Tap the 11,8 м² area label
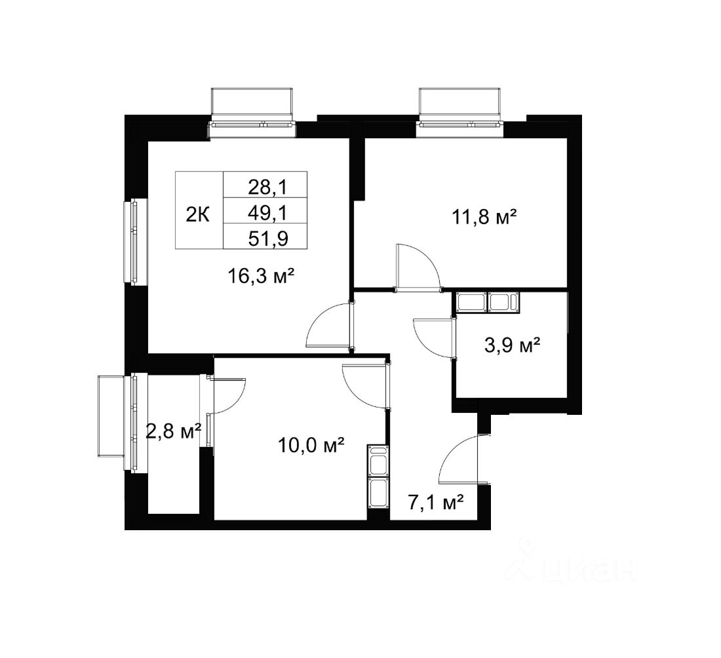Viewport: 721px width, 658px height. (484, 216)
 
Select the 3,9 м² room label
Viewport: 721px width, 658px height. (513, 345)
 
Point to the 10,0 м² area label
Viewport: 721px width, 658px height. (311, 445)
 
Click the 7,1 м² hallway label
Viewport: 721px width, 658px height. (435, 503)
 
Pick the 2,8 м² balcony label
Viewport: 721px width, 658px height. (174, 431)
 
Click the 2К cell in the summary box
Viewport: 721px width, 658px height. (198, 214)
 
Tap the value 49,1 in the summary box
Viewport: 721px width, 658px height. (267, 212)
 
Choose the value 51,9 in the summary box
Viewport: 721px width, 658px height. (268, 239)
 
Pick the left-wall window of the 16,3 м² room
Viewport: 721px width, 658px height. (134, 241)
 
